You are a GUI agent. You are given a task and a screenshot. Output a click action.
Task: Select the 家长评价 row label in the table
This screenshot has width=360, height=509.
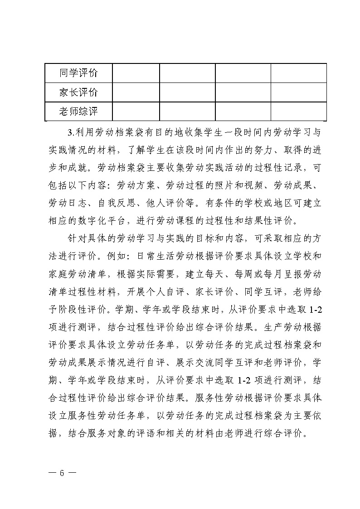point(78,92)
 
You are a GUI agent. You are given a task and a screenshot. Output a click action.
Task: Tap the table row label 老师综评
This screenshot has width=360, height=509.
point(78,111)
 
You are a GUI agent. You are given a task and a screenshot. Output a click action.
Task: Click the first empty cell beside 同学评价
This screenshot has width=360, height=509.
point(136,73)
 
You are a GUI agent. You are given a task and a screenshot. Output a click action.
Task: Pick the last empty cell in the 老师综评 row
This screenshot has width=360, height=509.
point(298,111)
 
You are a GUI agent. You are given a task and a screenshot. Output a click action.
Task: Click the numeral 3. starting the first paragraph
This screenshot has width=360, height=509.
point(70,133)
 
